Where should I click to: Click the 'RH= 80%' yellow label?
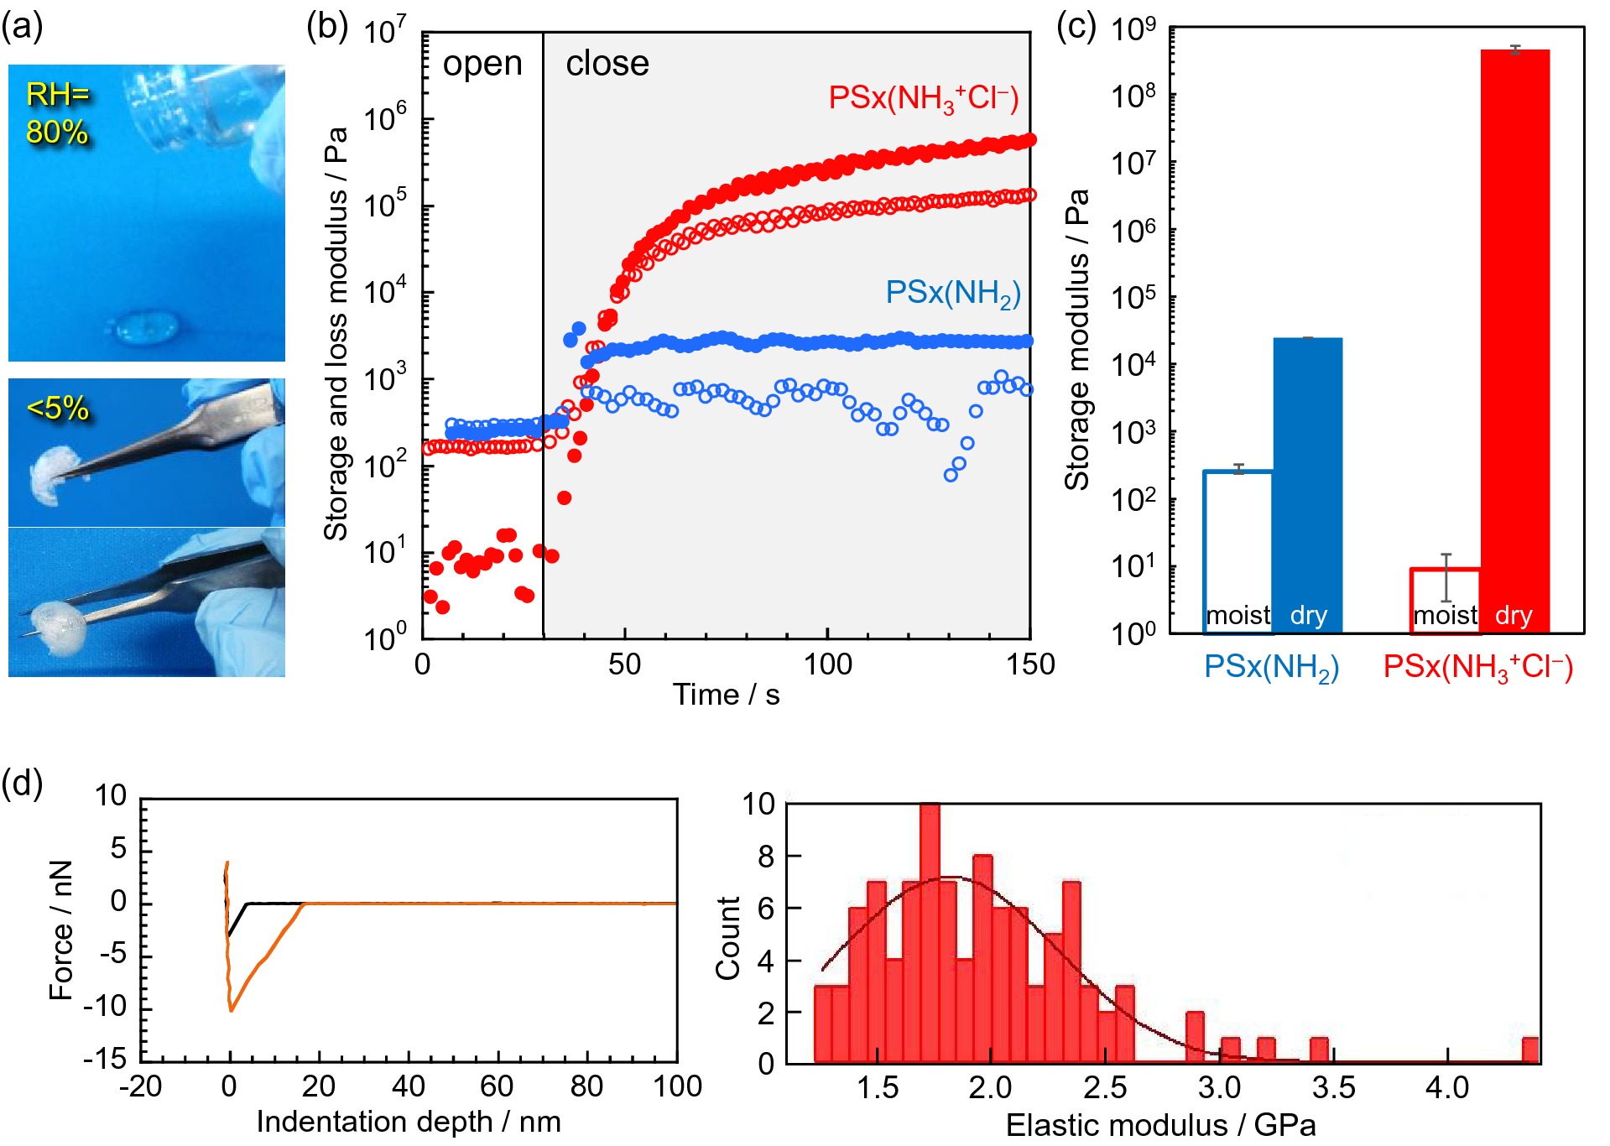coord(57,113)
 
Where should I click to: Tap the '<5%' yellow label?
coord(58,409)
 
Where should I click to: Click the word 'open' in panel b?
coord(482,65)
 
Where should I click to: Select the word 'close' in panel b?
coord(607,65)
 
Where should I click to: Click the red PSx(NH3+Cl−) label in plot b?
coord(923,99)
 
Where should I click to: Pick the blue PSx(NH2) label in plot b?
coord(952,294)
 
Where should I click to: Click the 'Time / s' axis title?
coord(726,695)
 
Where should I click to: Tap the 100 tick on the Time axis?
coord(827,664)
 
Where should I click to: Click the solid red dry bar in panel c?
coord(1514,336)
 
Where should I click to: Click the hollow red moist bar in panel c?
coord(1445,600)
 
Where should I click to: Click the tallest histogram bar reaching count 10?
coord(930,931)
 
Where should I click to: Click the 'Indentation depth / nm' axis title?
coord(409,1122)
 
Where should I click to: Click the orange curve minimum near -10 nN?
coord(231,1009)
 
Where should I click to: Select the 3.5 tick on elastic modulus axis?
coord(1333,1088)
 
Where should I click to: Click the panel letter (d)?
coord(23,784)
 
